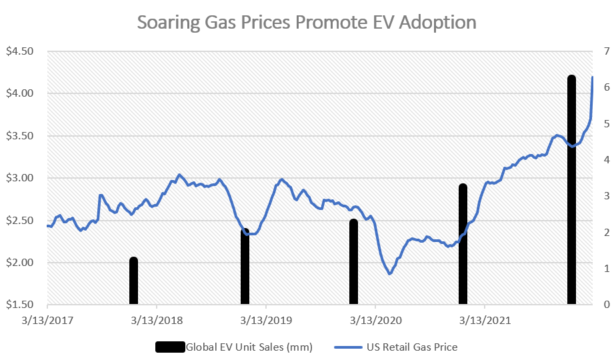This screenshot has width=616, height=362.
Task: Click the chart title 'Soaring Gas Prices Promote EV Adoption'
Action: point(307,22)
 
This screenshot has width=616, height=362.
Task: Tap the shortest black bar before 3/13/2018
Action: point(133,281)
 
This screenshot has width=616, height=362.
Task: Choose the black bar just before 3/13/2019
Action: point(245,267)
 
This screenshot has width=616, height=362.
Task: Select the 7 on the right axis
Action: point(605,51)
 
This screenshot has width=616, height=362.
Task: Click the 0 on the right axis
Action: point(605,305)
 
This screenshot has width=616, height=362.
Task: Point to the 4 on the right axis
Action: point(605,160)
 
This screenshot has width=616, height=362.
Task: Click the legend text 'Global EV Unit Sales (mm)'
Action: point(249,347)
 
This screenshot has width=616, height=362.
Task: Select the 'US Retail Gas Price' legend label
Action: point(412,347)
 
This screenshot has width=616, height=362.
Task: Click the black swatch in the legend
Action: point(169,347)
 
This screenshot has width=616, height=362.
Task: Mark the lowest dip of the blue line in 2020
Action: point(390,273)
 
